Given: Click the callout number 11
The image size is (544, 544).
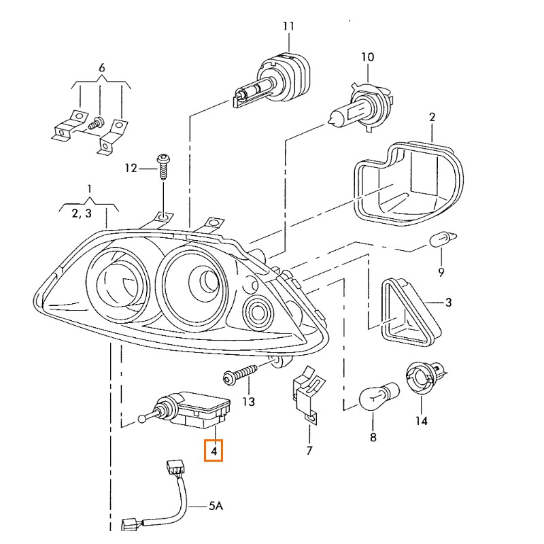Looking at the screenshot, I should [x=288, y=27].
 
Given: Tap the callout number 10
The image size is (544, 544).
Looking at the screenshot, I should [x=367, y=57].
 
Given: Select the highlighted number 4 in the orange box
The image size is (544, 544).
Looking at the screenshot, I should [x=214, y=450].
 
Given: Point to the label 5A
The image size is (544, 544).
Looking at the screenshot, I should [x=215, y=506].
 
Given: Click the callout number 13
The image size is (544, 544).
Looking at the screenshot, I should [x=248, y=402].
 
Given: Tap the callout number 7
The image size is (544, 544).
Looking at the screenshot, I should [x=309, y=450].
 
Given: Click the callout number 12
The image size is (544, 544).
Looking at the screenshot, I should [x=131, y=168].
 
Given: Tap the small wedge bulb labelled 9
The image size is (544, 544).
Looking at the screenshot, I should [x=442, y=239].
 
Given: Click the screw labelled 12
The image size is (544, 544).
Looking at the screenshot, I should [x=163, y=165].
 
